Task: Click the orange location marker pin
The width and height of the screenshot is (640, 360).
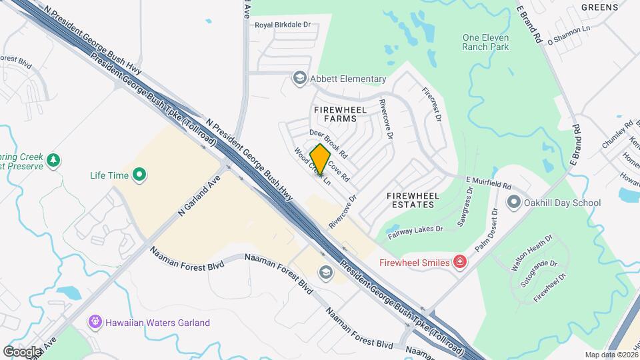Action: (321, 160)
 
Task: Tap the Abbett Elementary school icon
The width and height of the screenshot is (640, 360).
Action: (300, 79)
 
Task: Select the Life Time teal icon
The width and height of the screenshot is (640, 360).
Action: (139, 176)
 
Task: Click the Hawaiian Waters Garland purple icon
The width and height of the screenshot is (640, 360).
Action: (96, 322)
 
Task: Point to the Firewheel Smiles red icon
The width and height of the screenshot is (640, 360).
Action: (459, 262)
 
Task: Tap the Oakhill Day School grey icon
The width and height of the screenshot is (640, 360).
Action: (513, 202)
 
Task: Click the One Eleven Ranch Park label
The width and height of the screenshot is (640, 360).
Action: (486, 42)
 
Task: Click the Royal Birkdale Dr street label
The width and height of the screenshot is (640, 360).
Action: (283, 25)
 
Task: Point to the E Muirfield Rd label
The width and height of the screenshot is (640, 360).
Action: (488, 182)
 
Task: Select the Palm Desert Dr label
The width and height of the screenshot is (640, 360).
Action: (487, 230)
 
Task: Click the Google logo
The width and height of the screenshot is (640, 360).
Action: (22, 351)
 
